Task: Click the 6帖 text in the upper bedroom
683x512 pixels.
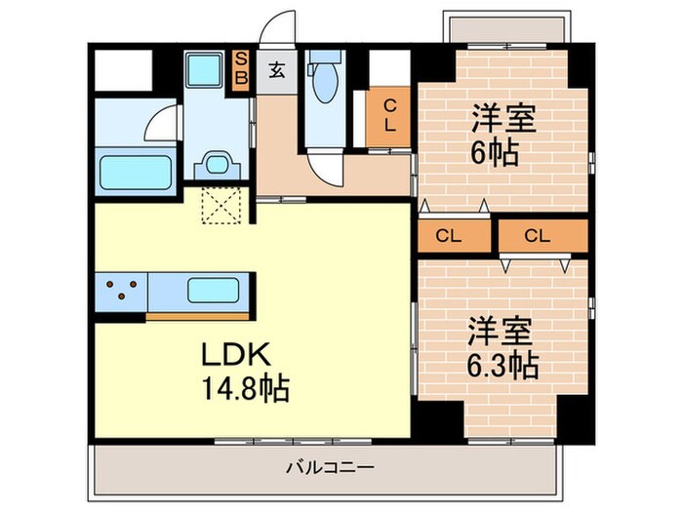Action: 495,153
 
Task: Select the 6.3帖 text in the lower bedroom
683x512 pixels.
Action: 503,365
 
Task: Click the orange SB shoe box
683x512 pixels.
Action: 241,69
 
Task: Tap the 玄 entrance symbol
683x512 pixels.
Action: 277,69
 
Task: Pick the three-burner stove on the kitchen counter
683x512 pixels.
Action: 120,291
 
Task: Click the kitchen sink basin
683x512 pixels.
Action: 215,291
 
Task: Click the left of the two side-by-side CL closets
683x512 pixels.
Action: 448,235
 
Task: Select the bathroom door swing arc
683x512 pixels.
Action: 160,125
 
